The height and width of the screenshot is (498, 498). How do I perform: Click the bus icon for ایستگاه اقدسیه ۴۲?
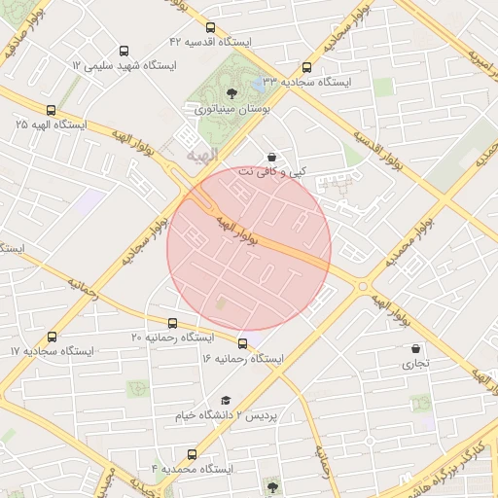point(212,29)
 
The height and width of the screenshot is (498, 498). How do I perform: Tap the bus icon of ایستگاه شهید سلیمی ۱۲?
point(124,51)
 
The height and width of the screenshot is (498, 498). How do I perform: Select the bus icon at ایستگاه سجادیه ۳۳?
point(307,68)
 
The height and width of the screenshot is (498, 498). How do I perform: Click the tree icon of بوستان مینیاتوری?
point(231,94)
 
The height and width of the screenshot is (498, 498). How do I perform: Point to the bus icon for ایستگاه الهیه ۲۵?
point(51,110)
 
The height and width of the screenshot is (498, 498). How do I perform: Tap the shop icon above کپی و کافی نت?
point(271,156)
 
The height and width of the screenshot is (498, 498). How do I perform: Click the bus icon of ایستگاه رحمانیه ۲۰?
point(173,323)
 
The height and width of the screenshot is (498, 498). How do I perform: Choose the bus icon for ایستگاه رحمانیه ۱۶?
point(242,343)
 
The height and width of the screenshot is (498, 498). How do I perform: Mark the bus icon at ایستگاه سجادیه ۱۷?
point(52,336)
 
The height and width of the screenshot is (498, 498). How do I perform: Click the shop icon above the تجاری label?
point(416,348)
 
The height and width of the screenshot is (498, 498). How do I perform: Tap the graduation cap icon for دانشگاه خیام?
point(226,400)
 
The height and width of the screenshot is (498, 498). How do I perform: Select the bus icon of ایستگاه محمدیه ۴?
point(191,454)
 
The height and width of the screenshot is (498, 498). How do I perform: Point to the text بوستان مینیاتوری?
point(231,110)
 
